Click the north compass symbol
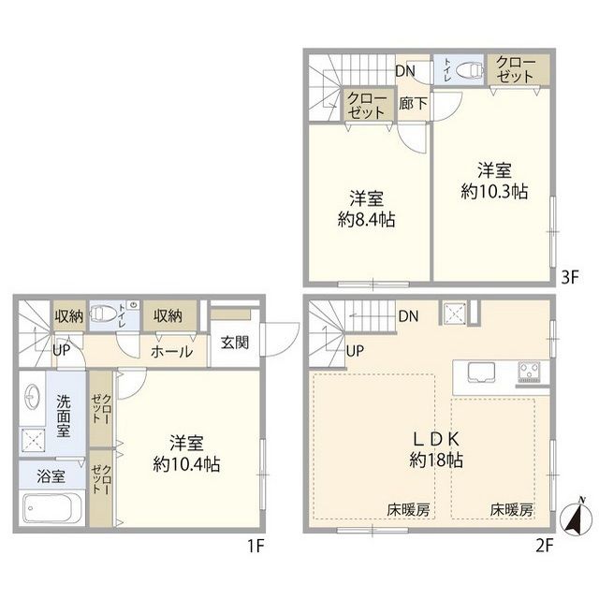(x=577, y=519)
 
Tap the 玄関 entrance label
(x=235, y=343)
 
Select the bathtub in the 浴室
(x=52, y=508)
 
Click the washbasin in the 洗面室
(x=32, y=397)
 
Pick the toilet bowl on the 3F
(x=469, y=70)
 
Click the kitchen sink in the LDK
(x=481, y=373)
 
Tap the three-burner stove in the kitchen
(x=529, y=372)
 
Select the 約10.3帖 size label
(x=494, y=191)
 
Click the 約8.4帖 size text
(x=366, y=220)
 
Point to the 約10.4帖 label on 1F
(x=186, y=464)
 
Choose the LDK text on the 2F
(x=436, y=439)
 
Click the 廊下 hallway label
(x=413, y=104)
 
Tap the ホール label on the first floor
(x=172, y=352)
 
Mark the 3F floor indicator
(x=570, y=278)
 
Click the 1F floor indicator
(x=256, y=547)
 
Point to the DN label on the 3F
(x=405, y=71)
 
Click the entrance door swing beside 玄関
(x=280, y=340)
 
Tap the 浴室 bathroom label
(x=51, y=476)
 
